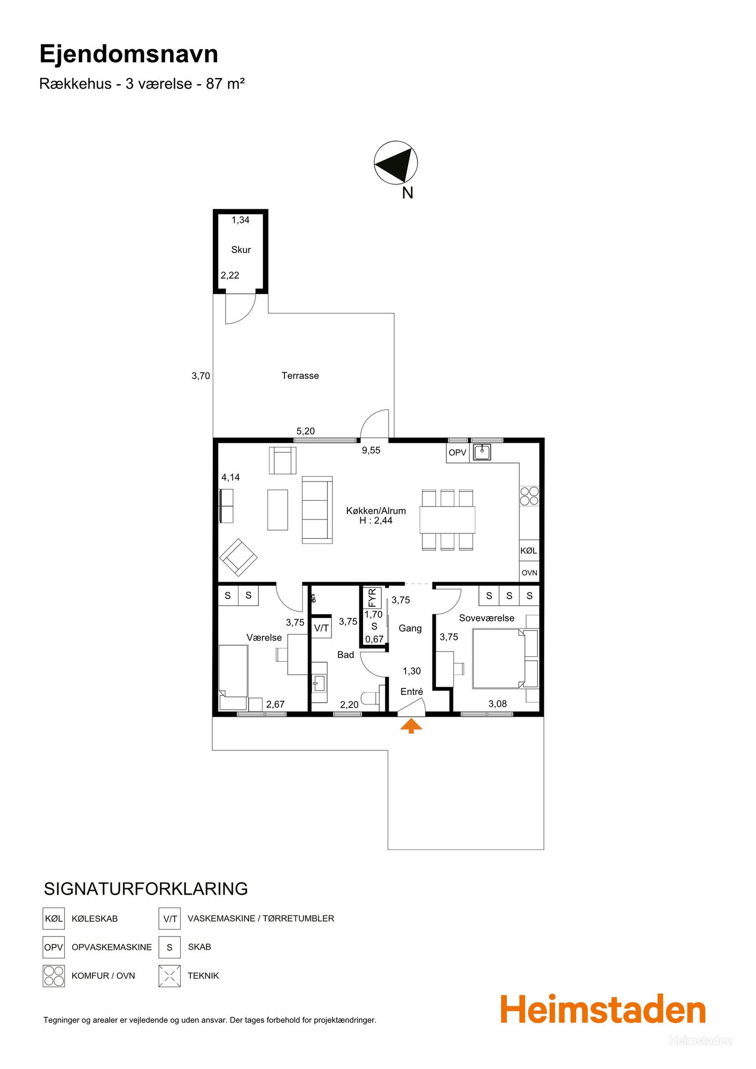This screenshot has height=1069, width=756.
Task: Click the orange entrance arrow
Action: click(411, 726)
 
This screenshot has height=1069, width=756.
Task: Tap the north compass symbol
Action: click(396, 162)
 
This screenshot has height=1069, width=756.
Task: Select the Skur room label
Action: click(241, 250)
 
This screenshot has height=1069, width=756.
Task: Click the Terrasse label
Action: click(300, 376)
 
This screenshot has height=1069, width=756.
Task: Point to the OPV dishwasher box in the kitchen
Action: click(458, 453)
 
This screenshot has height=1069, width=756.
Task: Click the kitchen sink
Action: click(482, 452)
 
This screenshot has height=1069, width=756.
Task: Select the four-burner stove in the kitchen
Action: click(529, 496)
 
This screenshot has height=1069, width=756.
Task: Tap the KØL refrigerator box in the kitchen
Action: click(529, 551)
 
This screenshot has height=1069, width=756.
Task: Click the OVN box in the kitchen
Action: click(529, 572)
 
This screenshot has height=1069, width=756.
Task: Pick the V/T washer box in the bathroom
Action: click(321, 628)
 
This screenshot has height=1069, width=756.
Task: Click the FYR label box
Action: click(373, 598)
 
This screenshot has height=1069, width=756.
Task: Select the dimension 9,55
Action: click(371, 451)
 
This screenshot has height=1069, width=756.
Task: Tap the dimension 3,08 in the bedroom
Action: click(498, 704)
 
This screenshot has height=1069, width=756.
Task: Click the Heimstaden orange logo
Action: click(603, 1010)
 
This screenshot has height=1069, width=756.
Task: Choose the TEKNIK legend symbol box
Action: click(169, 975)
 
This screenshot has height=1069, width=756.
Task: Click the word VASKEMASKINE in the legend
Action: click(221, 918)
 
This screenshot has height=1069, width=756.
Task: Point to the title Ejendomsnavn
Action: click(129, 54)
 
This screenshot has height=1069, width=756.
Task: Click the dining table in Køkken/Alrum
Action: click(448, 520)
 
